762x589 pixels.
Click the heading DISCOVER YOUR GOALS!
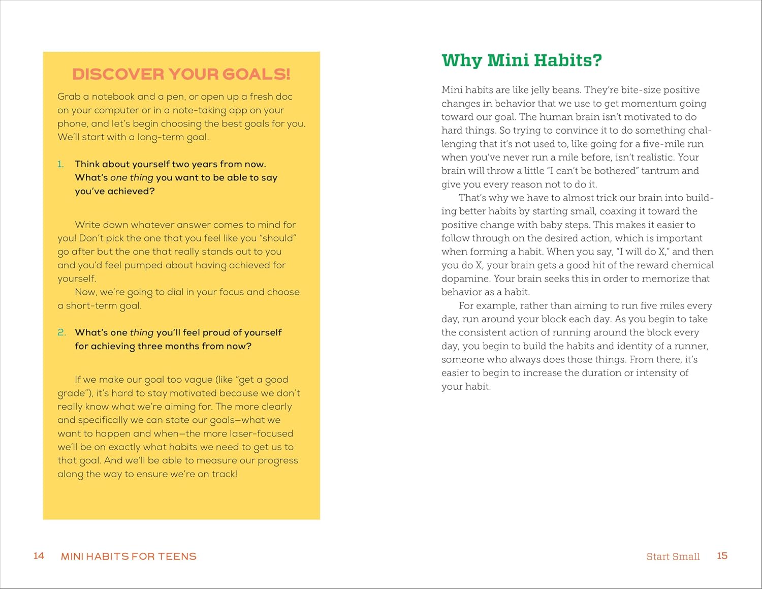(x=181, y=74)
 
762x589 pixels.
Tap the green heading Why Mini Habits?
(x=522, y=60)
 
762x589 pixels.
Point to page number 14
(x=39, y=555)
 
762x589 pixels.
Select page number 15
(x=722, y=555)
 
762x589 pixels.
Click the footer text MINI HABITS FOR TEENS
(x=129, y=556)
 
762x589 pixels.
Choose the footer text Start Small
(x=673, y=556)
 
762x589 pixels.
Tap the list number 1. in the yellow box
(x=60, y=164)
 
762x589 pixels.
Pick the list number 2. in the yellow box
(x=61, y=332)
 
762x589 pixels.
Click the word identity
(x=643, y=346)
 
